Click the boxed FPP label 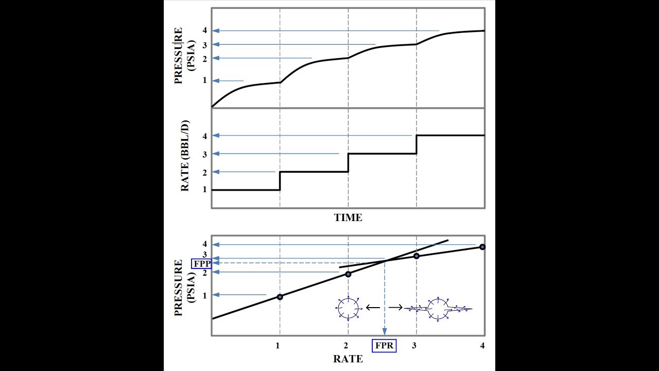201,264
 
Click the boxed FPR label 385,345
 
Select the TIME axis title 348,217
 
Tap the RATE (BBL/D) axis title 185,156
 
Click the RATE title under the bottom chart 348,359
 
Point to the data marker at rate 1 280,297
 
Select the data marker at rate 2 348,274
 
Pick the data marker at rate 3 417,256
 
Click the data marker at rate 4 482,247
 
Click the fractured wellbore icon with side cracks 438,309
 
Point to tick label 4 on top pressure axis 204,31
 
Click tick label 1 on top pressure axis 204,80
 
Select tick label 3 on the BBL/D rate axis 204,154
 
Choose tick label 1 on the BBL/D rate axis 204,190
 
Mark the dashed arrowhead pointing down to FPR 385,333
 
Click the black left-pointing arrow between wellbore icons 373,308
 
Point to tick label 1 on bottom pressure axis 204,295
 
